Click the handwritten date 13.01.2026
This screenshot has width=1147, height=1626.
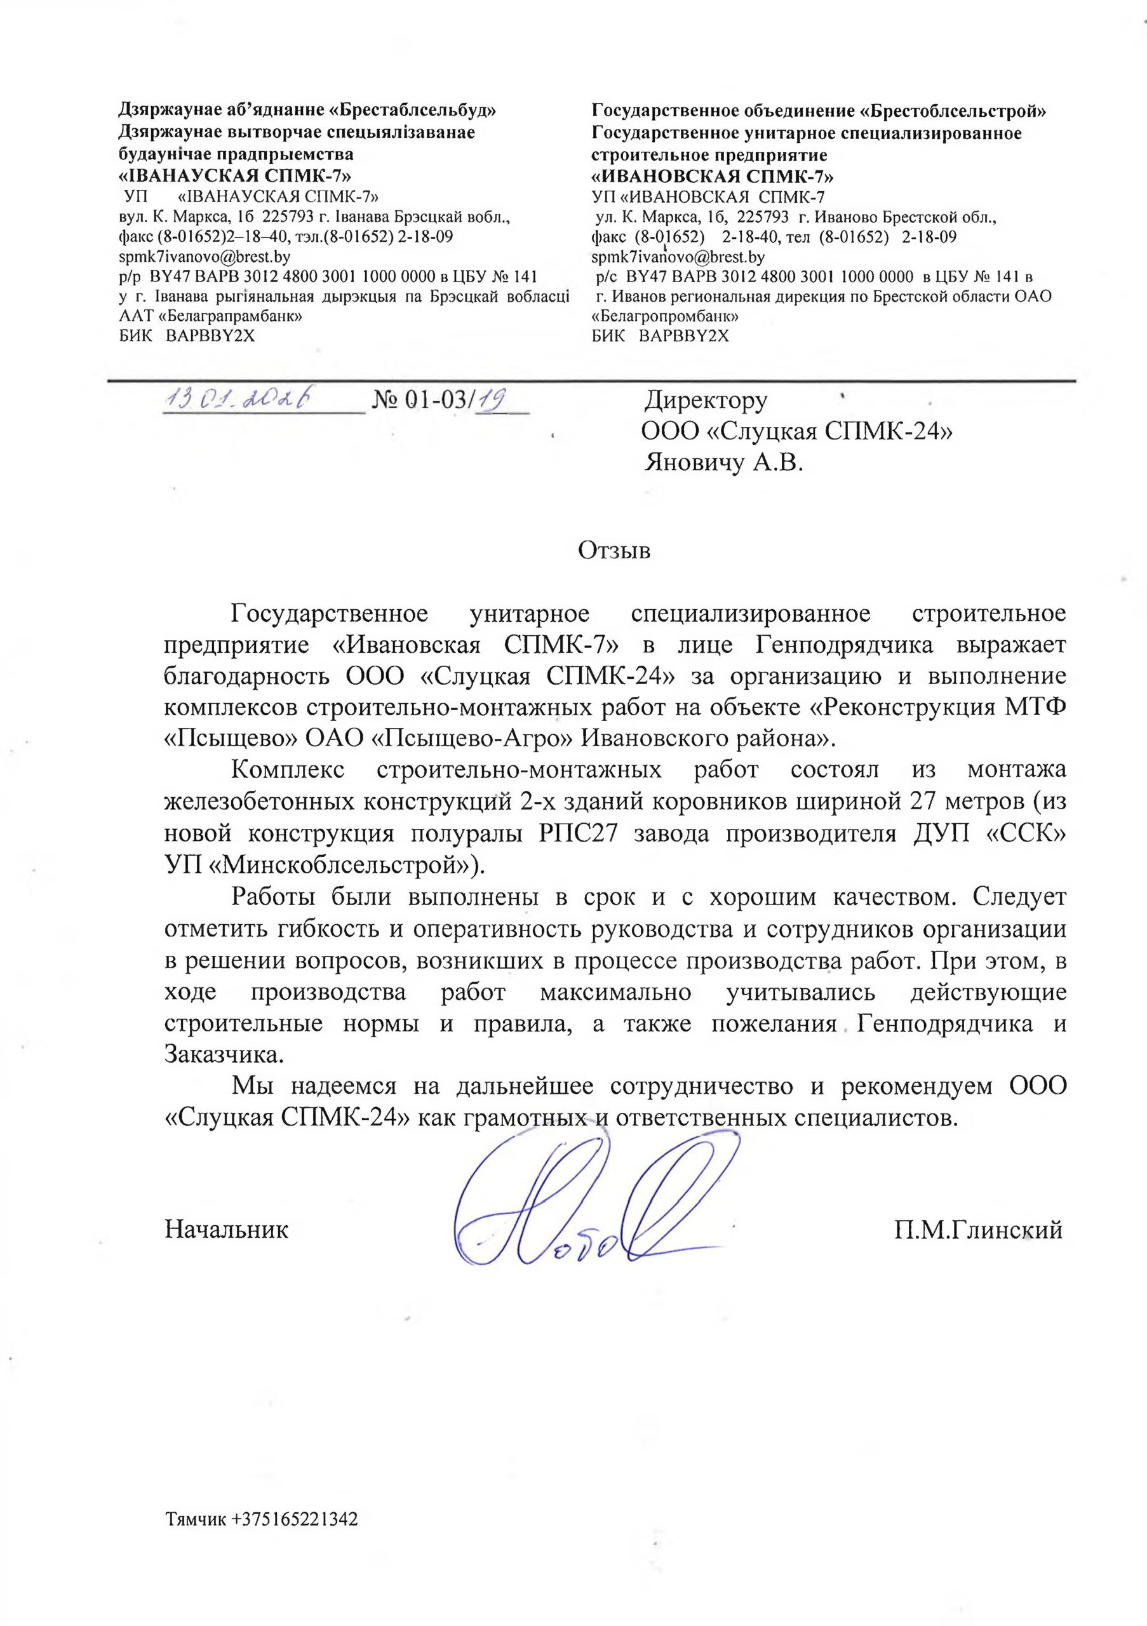click(x=241, y=400)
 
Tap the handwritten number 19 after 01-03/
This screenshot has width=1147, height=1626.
click(x=493, y=401)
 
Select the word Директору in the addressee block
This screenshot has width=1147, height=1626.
click(x=705, y=401)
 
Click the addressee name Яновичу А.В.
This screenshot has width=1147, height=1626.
click(x=724, y=464)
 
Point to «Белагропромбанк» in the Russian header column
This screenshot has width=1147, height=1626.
click(x=666, y=316)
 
